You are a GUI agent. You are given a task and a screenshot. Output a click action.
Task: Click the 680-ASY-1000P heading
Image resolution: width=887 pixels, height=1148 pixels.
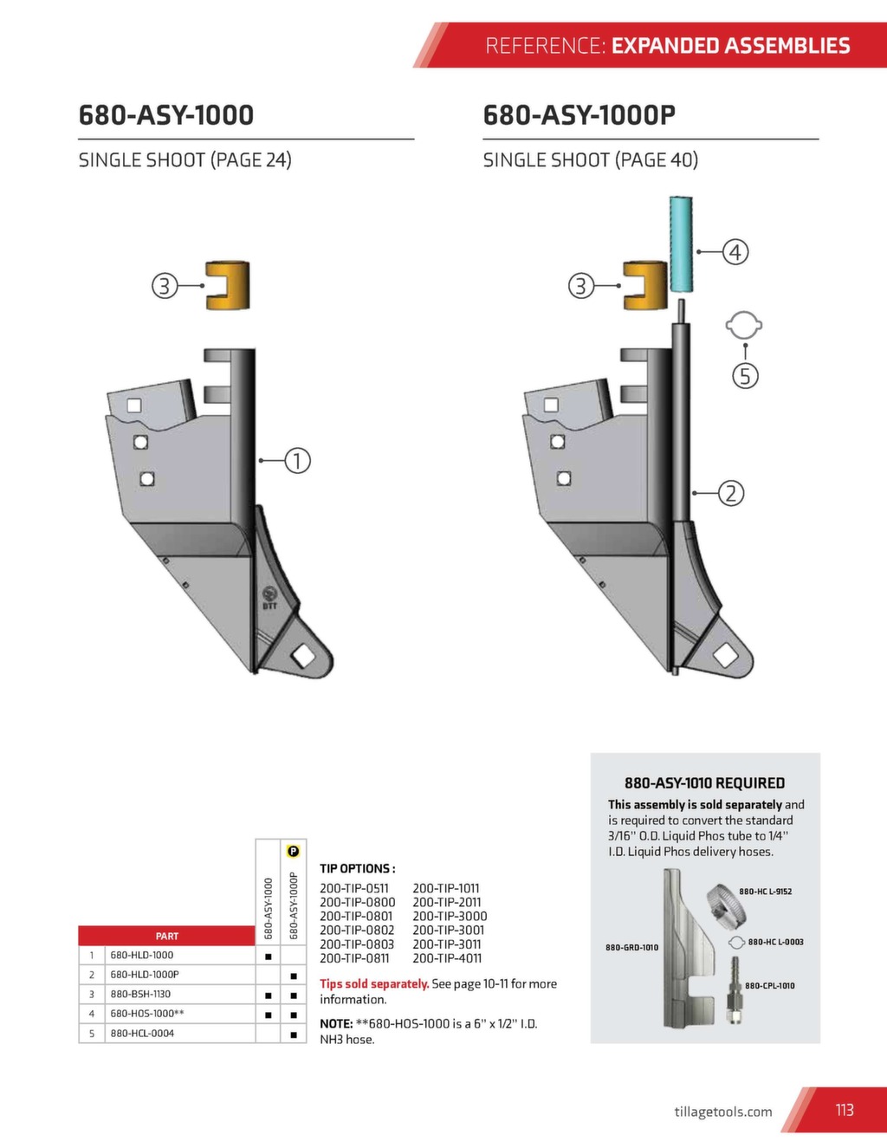[579, 115]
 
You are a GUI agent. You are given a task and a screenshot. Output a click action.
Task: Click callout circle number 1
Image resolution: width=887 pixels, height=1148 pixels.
[297, 460]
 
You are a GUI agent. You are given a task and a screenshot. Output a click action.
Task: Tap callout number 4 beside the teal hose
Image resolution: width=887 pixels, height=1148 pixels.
[735, 252]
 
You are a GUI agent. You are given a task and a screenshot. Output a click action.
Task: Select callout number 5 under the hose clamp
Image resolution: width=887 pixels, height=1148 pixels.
[745, 376]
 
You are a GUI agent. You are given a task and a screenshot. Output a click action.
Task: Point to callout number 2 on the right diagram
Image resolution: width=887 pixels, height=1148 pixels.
[731, 493]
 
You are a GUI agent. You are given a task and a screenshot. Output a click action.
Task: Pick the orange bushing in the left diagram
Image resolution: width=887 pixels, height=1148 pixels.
[229, 285]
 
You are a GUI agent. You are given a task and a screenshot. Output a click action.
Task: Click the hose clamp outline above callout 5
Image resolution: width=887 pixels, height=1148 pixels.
[744, 326]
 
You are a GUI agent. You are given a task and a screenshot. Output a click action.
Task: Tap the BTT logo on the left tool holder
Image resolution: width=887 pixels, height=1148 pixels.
[269, 596]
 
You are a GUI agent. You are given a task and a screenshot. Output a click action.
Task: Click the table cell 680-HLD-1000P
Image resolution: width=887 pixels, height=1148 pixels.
[145, 975]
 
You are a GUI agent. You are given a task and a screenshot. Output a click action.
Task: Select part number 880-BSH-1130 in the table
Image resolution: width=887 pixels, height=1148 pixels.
[140, 994]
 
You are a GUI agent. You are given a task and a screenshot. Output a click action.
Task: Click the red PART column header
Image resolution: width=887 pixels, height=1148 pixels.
[166, 936]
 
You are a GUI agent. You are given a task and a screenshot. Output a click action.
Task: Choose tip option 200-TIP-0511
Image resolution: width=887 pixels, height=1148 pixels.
[354, 888]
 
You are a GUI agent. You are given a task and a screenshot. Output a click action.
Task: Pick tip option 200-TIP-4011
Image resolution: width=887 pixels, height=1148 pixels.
[447, 958]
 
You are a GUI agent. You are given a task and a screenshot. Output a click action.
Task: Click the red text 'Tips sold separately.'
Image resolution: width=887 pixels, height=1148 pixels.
[374, 983]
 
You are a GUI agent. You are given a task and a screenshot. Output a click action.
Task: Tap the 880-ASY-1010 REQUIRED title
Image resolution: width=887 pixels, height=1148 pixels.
[704, 783]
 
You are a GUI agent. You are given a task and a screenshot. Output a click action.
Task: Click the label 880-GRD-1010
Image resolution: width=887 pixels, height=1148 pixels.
[631, 947]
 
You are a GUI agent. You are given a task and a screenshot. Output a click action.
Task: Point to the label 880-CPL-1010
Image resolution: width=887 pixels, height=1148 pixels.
[769, 985]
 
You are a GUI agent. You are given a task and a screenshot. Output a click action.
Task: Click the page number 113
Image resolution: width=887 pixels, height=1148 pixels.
[845, 1110]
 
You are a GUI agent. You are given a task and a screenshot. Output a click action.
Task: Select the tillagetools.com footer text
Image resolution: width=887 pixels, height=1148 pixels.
[722, 1112]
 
